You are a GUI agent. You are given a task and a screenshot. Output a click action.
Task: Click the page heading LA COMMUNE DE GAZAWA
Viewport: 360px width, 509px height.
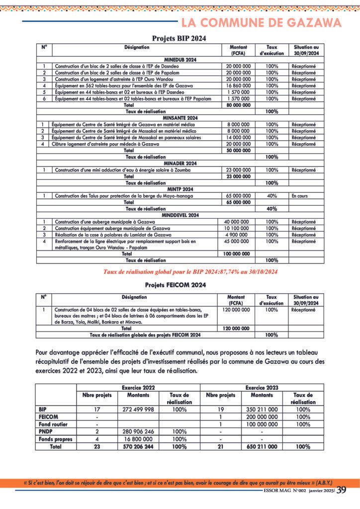pyautogui.click(x=261, y=23)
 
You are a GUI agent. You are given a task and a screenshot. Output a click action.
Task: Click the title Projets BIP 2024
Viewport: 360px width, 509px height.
pyautogui.click(x=179, y=38)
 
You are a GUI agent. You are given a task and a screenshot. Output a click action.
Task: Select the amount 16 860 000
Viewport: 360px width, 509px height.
pyautogui.click(x=239, y=85)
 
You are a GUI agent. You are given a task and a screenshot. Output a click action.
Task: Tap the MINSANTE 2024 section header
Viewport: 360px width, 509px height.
pyautogui.click(x=180, y=118)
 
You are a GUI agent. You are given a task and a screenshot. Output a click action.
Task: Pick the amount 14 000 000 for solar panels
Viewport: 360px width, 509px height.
pyautogui.click(x=239, y=137)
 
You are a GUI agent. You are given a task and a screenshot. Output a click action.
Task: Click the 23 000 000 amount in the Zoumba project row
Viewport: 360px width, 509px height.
pyautogui.click(x=239, y=170)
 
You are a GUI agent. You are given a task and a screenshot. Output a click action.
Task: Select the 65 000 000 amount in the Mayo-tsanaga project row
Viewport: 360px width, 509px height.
pyautogui.click(x=239, y=196)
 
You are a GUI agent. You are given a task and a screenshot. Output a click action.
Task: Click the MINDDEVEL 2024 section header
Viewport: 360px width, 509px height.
pyautogui.click(x=180, y=215)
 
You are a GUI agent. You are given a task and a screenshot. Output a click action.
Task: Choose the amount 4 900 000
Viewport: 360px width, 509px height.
pyautogui.click(x=239, y=235)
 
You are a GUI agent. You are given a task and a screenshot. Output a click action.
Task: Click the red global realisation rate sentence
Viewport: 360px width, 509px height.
pyautogui.click(x=190, y=271)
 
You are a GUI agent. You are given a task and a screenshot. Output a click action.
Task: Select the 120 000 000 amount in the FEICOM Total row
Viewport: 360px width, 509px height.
pyautogui.click(x=236, y=329)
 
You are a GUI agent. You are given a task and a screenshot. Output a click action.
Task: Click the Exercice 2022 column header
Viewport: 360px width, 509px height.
pyautogui.click(x=138, y=387)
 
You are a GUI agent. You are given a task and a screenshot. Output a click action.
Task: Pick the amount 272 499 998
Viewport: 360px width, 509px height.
pyautogui.click(x=138, y=410)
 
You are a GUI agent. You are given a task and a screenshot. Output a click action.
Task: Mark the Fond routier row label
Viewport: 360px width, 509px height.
pyautogui.click(x=53, y=424)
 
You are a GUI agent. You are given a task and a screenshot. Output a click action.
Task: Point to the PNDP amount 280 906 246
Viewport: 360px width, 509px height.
pyautogui.click(x=138, y=432)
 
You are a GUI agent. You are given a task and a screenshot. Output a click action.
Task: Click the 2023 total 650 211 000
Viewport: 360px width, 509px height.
pyautogui.click(x=262, y=447)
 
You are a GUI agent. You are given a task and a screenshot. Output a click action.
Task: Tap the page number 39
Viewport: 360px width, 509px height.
pyautogui.click(x=342, y=490)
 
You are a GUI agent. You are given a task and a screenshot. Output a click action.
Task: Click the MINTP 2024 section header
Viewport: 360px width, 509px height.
pyautogui.click(x=180, y=189)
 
